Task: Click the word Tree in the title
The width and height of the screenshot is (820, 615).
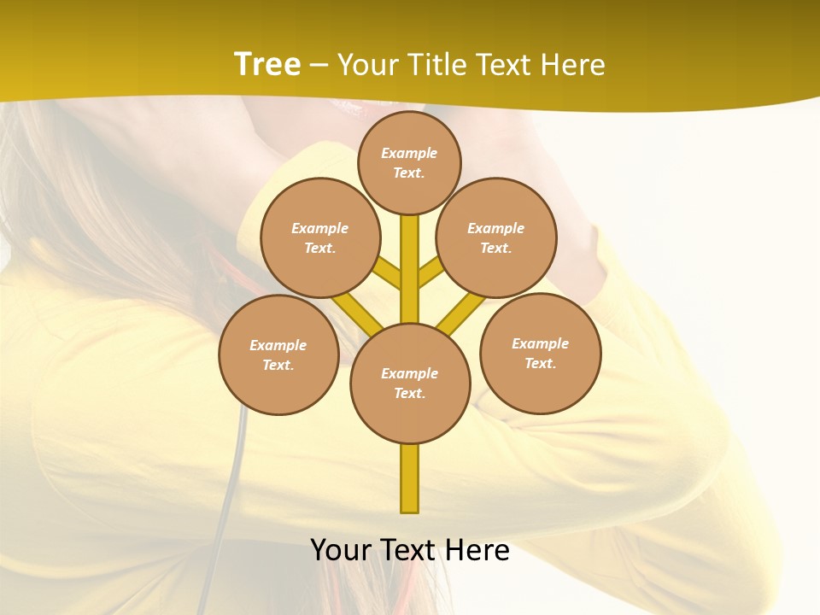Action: point(267,64)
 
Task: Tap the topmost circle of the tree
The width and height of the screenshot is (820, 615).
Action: point(409,162)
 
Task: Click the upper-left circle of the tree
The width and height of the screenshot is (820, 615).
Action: point(319,237)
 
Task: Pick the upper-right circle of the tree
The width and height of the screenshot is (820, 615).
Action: point(496,237)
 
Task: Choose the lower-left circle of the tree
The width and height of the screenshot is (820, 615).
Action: point(278,354)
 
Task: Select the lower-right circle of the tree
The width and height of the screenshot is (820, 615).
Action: point(541,353)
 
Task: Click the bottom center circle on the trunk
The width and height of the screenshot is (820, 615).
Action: point(410,384)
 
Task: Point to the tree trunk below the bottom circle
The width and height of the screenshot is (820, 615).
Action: point(410,478)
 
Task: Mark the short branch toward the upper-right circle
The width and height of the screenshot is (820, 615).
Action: point(431,272)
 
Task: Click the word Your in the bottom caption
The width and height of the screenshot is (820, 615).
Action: point(341,550)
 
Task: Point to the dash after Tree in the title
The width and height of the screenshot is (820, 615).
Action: point(319,65)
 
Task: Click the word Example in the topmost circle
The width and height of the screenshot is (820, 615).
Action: point(409,153)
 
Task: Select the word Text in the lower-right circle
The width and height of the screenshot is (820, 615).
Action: point(539,363)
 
